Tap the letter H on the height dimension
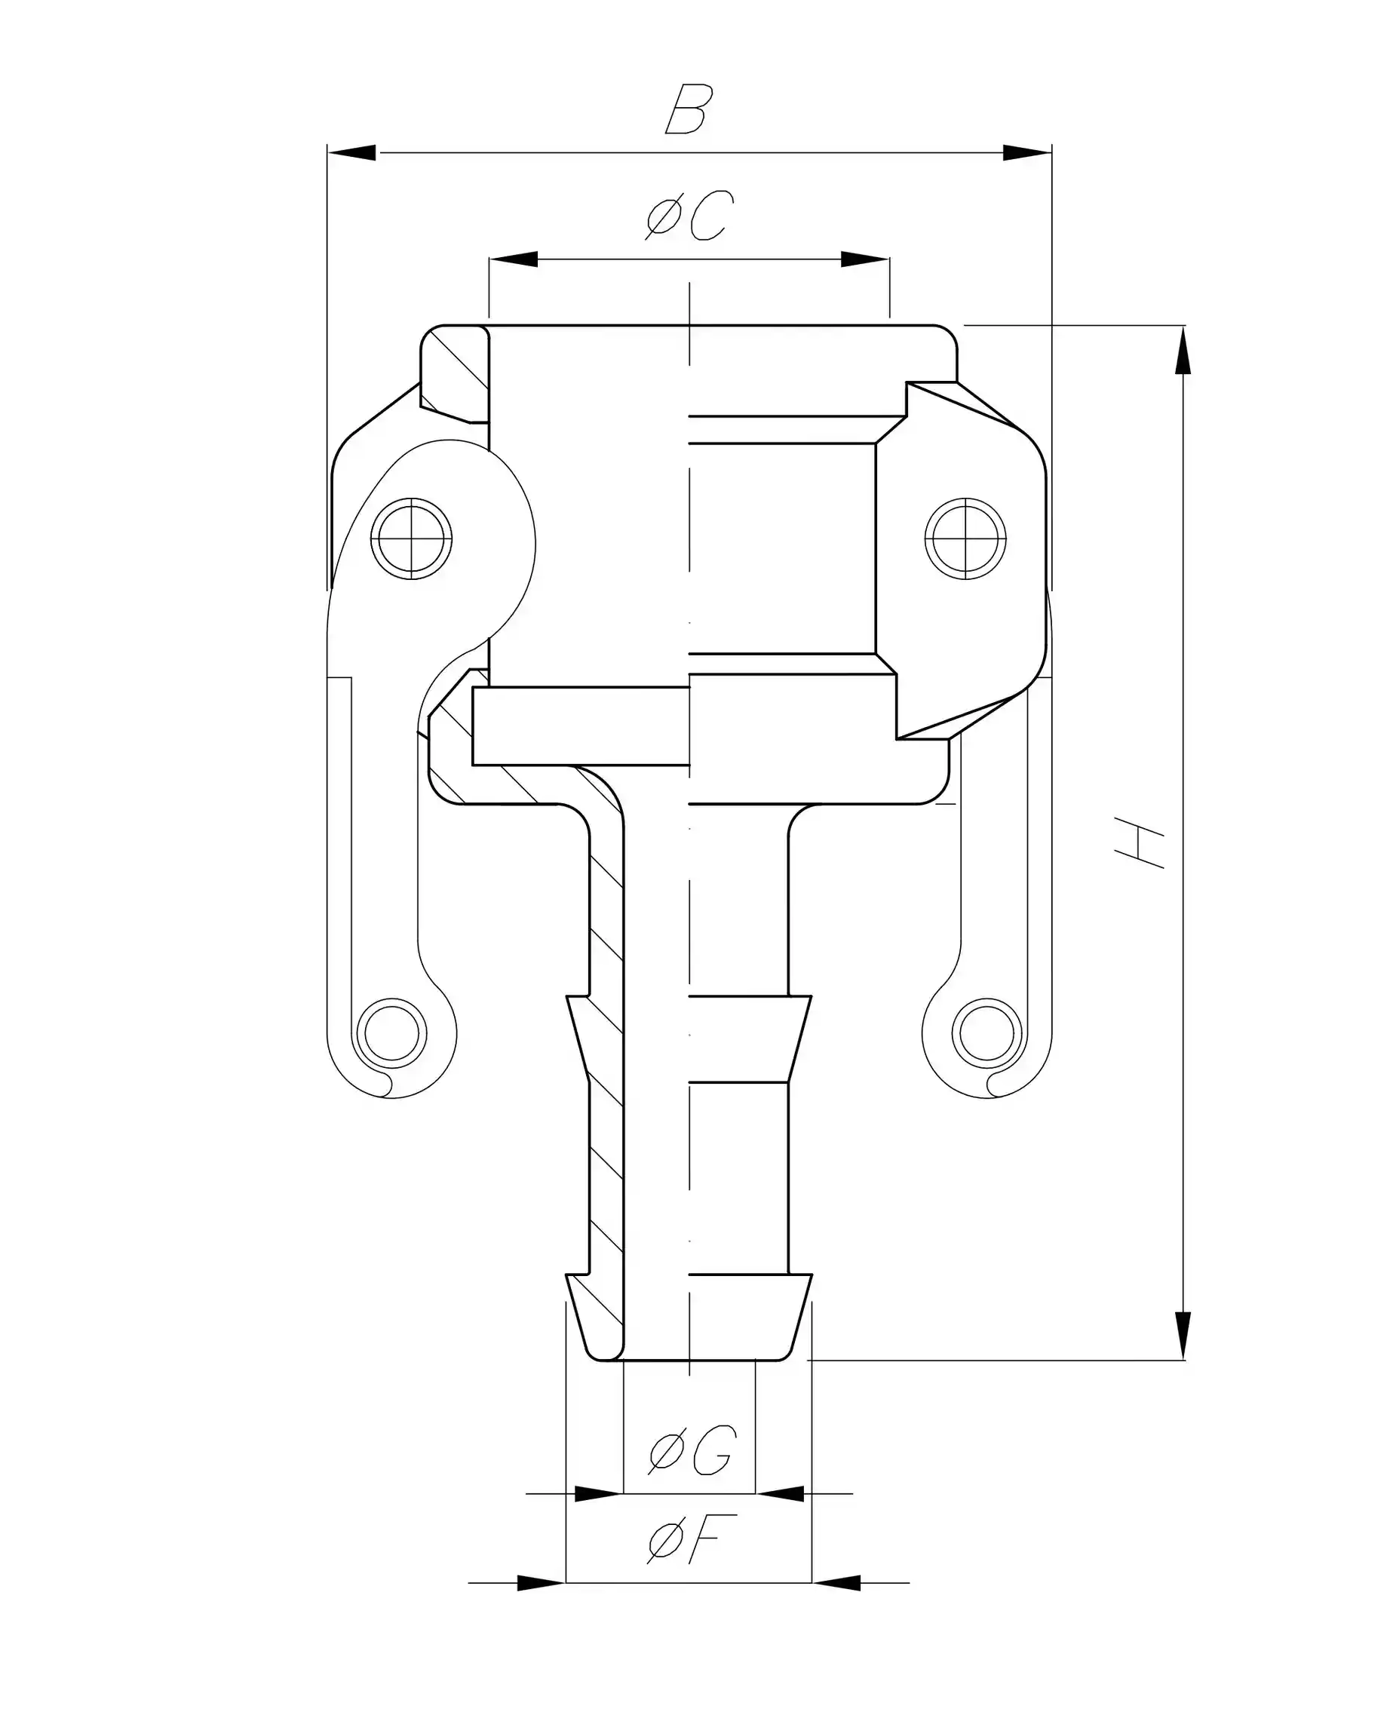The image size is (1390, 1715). click(x=1140, y=843)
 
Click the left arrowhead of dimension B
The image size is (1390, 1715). click(x=352, y=152)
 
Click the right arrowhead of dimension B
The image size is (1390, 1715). click(x=1027, y=152)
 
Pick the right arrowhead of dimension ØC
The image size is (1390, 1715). click(x=865, y=259)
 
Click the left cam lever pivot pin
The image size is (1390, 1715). click(x=412, y=538)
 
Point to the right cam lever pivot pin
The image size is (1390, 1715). click(x=965, y=538)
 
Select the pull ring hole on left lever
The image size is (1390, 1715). click(x=391, y=1032)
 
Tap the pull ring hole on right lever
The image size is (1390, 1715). click(x=987, y=1032)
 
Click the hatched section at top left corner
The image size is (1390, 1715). click(x=455, y=373)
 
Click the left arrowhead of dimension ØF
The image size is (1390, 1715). click(x=542, y=1583)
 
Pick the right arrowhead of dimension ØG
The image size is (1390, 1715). click(x=780, y=1493)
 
